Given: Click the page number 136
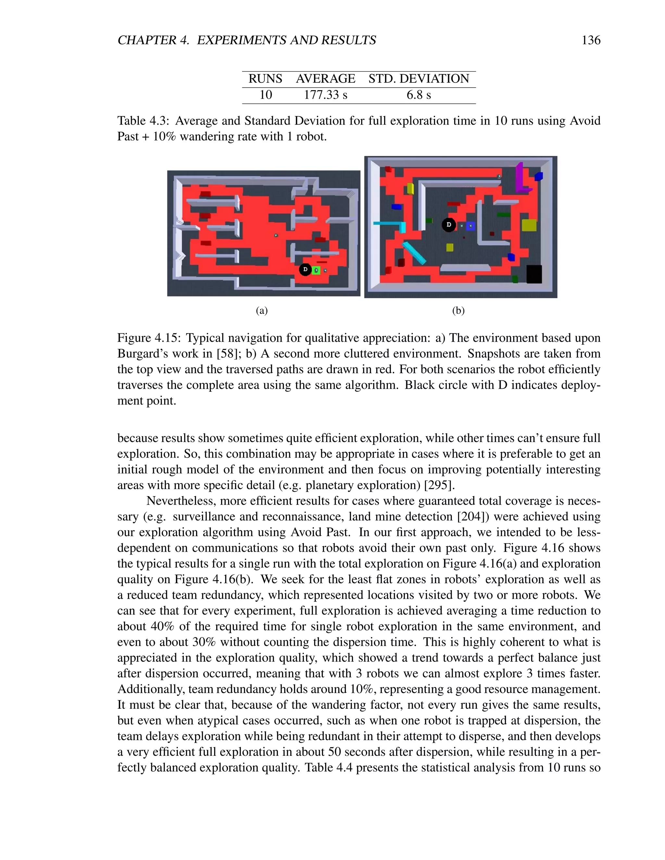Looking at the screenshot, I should click(591, 40).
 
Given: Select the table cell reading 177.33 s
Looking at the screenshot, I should click(325, 95).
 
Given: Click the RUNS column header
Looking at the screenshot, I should click(265, 79).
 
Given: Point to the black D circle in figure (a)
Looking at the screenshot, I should click(305, 270).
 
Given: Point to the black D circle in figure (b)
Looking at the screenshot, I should click(448, 225).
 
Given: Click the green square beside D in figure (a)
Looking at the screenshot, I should click(316, 271).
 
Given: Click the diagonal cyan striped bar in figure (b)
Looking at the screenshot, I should click(414, 253).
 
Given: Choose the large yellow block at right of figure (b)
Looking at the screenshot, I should click(529, 225).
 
